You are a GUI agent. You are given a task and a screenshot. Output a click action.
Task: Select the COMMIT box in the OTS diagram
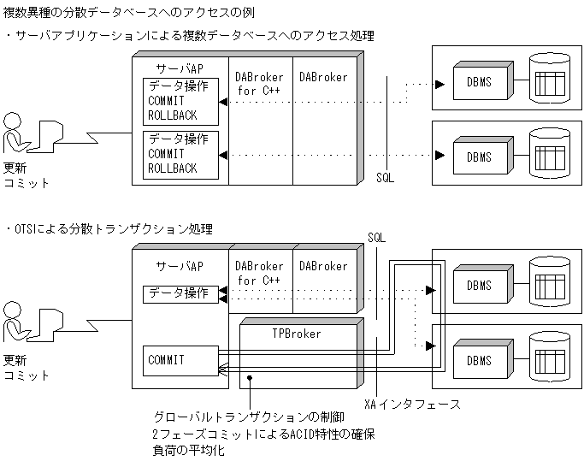coord(179,360)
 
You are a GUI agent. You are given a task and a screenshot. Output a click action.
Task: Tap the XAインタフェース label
coord(413,404)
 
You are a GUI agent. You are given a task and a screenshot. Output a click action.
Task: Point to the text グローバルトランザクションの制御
coord(247,417)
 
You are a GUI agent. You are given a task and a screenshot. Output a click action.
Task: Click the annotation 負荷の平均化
coord(187,449)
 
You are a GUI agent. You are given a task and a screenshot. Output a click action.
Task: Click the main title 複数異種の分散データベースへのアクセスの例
coord(129,13)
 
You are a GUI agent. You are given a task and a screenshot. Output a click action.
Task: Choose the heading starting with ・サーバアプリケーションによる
coord(189,36)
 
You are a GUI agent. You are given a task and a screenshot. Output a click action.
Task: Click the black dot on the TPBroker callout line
coord(249,377)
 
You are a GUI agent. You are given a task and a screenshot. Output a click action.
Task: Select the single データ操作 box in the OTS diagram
coord(179,293)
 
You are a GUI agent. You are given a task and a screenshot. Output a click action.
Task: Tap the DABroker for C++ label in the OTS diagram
coord(260,273)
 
